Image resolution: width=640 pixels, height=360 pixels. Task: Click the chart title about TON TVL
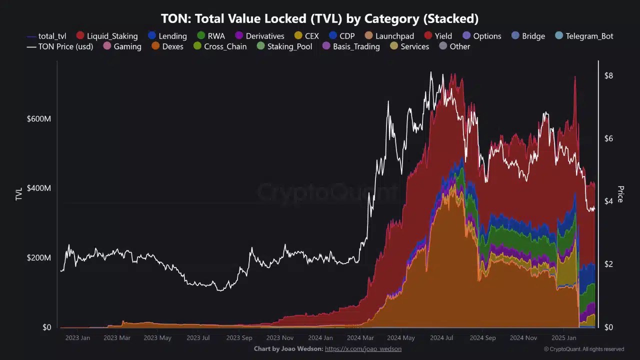pyautogui.click(x=319, y=19)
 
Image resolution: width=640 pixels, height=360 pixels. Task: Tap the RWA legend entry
pyautogui.click(x=210, y=36)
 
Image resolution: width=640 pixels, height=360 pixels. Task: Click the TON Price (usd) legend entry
pyautogui.click(x=59, y=46)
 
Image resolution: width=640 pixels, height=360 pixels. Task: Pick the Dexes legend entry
pyautogui.click(x=167, y=46)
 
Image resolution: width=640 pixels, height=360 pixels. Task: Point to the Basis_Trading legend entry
pyautogui.click(x=350, y=46)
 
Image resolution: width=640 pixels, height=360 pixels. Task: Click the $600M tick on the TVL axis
pyautogui.click(x=39, y=119)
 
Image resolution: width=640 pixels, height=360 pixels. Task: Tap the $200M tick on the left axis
pyautogui.click(x=39, y=258)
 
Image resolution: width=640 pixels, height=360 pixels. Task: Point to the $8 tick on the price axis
pyautogui.click(x=608, y=76)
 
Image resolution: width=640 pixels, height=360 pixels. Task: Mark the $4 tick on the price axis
pyautogui.click(x=608, y=201)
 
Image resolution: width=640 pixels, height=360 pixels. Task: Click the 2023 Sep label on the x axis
pyautogui.click(x=239, y=338)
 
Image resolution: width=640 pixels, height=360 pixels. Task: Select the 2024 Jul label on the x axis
pyautogui.click(x=442, y=338)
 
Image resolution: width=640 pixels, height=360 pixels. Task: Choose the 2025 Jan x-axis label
pyautogui.click(x=564, y=338)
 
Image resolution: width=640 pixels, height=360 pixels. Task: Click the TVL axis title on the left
pyautogui.click(x=19, y=194)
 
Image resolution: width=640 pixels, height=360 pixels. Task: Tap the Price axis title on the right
pyautogui.click(x=620, y=194)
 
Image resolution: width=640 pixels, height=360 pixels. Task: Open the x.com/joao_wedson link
pyautogui.click(x=363, y=349)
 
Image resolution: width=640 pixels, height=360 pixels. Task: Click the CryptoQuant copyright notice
pyautogui.click(x=584, y=349)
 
